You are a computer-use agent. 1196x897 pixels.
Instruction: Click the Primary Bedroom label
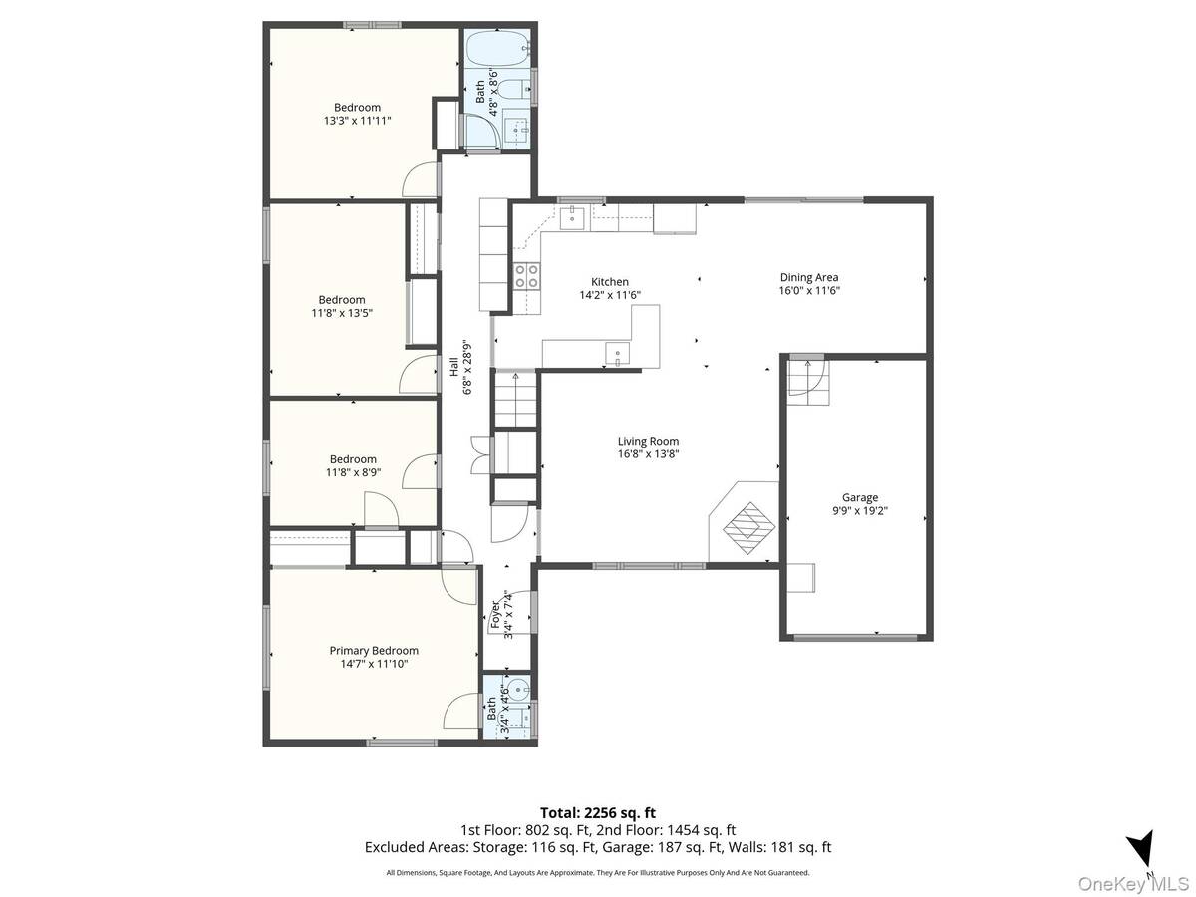tap(374, 650)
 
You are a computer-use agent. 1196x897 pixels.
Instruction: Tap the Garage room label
tap(860, 497)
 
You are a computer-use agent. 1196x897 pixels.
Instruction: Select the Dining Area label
tap(809, 277)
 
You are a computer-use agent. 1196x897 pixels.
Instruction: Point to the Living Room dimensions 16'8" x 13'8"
tap(648, 454)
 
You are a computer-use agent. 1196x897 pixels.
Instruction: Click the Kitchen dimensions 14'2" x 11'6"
tap(610, 295)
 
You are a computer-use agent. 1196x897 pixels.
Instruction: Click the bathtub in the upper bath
tap(498, 48)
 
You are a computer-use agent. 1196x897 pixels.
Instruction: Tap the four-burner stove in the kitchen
tap(527, 276)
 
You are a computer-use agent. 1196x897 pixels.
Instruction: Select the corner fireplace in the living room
tap(744, 522)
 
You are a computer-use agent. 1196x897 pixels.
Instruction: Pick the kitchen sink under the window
tap(572, 218)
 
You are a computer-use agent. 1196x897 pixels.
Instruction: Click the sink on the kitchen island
tap(617, 354)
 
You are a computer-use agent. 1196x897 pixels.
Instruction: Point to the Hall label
tap(453, 367)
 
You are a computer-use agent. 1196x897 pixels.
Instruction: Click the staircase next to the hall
tap(515, 400)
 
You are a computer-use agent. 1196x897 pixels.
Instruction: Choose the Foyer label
tap(495, 615)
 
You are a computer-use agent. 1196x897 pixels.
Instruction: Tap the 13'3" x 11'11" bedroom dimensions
tap(358, 121)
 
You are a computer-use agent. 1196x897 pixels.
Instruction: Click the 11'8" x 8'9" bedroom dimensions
tap(353, 472)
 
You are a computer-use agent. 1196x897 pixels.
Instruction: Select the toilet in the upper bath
tap(514, 89)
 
